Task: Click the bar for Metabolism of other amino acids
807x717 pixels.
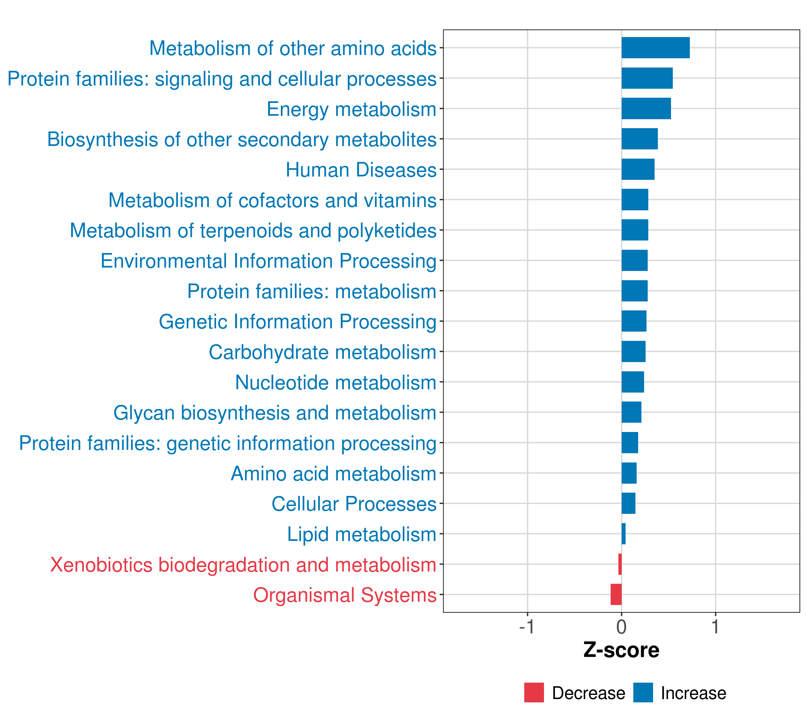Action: click(655, 48)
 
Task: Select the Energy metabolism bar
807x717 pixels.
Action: click(646, 108)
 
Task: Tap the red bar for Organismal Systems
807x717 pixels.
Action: click(616, 594)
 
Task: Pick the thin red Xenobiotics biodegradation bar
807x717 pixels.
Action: click(620, 564)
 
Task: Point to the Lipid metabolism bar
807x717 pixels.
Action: click(623, 534)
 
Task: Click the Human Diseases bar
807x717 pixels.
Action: click(638, 169)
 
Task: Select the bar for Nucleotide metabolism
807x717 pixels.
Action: click(632, 382)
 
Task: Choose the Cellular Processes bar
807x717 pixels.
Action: click(628, 503)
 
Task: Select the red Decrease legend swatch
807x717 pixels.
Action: click(534, 693)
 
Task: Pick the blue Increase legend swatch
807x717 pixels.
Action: click(643, 693)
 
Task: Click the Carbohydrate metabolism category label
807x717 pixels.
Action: click(322, 352)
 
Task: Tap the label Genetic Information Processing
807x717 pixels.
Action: click(297, 321)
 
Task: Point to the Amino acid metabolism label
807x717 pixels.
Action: click(333, 474)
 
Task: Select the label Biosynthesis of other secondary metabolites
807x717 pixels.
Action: click(242, 139)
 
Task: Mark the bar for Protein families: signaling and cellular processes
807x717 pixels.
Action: click(647, 78)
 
